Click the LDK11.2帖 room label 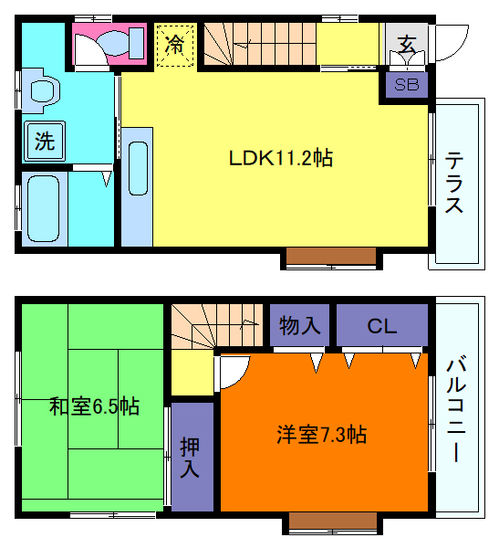click(280, 158)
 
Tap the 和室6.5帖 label click(94, 405)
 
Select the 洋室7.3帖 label click(321, 435)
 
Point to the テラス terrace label click(453, 183)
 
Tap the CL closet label click(382, 325)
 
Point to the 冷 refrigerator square click(174, 44)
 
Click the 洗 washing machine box click(44, 141)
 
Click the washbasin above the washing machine click(42, 90)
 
